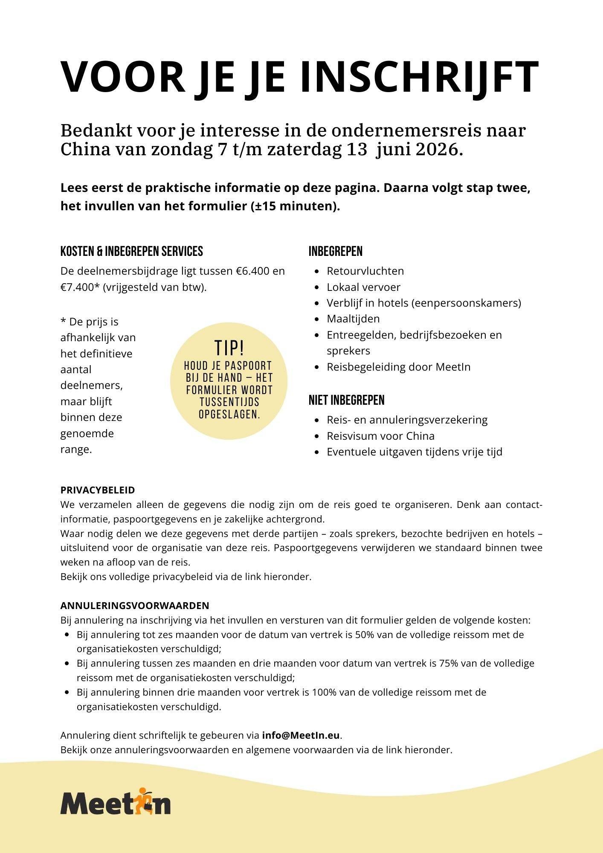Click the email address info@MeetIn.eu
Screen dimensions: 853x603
(301, 735)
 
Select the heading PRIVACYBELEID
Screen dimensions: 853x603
(98, 490)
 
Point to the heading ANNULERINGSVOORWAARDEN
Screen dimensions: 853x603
(135, 606)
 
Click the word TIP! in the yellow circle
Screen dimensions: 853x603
(229, 348)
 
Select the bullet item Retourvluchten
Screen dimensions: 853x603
(365, 271)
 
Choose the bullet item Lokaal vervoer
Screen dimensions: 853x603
(363, 287)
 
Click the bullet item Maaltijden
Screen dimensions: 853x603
(353, 319)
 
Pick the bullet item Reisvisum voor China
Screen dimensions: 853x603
(380, 436)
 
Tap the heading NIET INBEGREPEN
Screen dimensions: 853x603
(347, 400)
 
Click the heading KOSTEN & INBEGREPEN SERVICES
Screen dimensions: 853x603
(132, 251)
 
